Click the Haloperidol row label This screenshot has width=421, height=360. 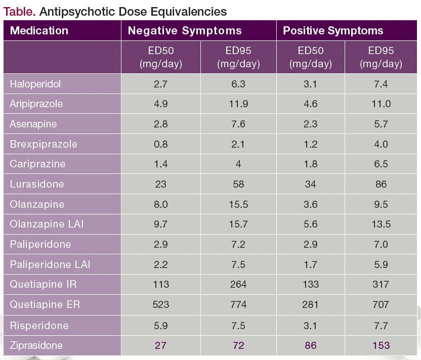point(35,84)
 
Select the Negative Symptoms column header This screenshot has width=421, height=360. point(185,30)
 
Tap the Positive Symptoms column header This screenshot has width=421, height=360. point(333,30)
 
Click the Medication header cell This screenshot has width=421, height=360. point(39,30)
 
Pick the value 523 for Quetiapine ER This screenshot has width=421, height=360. point(161,304)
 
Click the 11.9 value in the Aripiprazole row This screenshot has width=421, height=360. point(238,104)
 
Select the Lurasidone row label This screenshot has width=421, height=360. point(37,184)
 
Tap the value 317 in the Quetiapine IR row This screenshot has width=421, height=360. point(381,284)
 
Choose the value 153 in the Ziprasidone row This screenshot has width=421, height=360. point(381,345)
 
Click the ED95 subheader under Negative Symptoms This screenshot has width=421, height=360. point(238,57)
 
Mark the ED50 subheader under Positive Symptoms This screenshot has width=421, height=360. point(310,57)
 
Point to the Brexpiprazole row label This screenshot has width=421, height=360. point(44,144)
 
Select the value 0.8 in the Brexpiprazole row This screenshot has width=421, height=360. point(161,144)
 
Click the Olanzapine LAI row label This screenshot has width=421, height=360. point(47,224)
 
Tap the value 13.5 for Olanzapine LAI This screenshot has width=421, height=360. point(381,224)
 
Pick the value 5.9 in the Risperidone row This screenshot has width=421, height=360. point(161,325)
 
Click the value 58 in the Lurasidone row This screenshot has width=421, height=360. point(238,184)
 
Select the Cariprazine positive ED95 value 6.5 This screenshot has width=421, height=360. point(381,164)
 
